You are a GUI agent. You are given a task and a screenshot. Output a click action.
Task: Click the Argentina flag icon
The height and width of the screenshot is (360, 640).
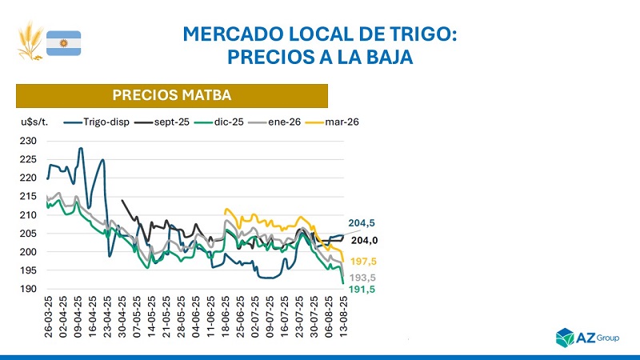[63, 42]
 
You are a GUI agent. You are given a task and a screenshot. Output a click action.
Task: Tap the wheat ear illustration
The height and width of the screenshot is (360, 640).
[31, 42]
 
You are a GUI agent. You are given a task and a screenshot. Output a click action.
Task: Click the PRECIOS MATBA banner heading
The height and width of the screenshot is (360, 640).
[172, 95]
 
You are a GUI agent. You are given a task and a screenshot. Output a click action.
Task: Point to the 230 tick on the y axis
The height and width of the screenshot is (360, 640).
[30, 141]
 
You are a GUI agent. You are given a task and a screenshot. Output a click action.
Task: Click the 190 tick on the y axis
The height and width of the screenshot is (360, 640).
[30, 289]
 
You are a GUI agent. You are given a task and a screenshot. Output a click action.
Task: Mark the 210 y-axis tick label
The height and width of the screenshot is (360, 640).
[30, 214]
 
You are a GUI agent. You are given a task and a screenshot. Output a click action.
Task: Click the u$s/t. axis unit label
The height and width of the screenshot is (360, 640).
[35, 122]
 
